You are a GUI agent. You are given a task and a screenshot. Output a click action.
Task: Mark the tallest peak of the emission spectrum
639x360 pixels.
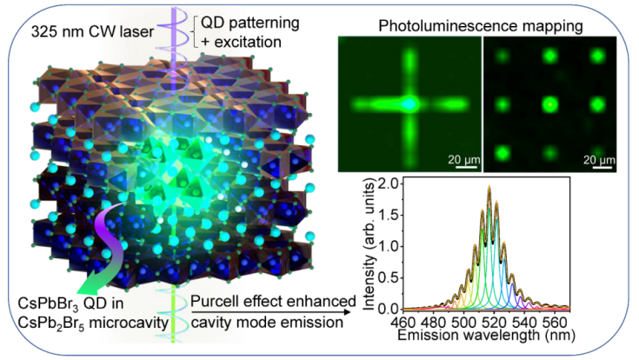[x=489, y=187]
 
